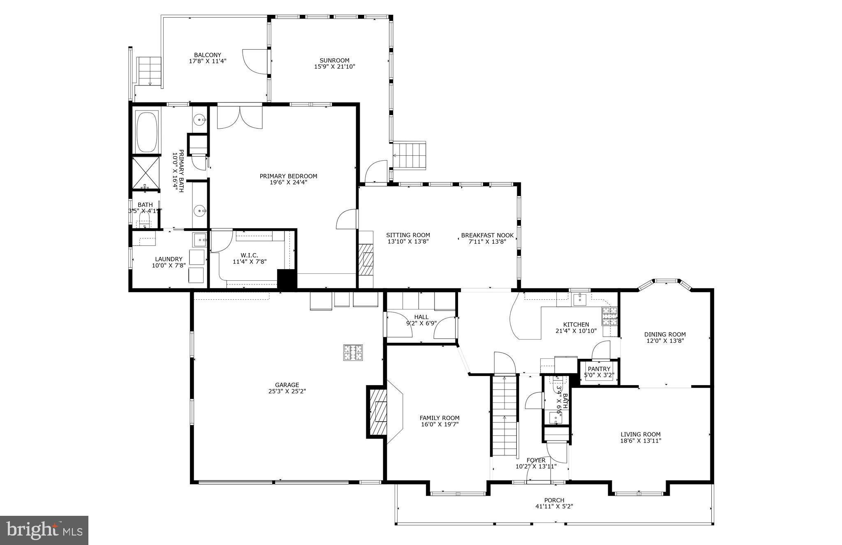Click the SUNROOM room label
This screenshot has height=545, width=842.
(334, 60)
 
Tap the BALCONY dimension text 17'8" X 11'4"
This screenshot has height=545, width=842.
(208, 61)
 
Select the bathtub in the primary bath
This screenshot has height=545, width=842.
(147, 131)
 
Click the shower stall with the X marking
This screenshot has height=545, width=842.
(146, 173)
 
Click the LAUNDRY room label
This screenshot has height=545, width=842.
(169, 259)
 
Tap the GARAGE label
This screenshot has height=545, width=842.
(287, 385)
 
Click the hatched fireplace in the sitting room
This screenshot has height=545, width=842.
(366, 260)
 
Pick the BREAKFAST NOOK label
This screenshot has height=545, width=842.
(487, 235)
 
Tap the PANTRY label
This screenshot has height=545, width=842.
(599, 369)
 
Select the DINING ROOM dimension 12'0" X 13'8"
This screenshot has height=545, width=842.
(665, 340)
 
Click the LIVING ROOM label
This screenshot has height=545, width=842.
(641, 434)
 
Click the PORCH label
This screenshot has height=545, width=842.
(554, 500)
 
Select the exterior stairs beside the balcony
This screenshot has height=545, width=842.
(149, 71)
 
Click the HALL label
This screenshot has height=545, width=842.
(421, 317)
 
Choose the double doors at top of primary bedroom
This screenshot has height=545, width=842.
(240, 117)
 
